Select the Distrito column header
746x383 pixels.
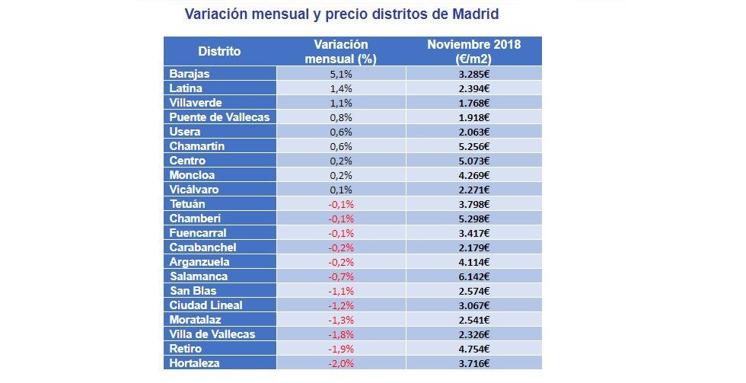point(219,52)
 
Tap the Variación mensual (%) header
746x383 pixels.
point(340,51)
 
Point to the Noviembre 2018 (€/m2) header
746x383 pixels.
point(473,51)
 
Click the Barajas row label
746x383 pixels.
point(190,74)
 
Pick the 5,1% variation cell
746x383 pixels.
point(340,74)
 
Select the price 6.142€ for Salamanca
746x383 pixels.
point(473,276)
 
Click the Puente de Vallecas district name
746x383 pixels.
point(219,117)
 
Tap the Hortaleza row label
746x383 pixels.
point(194,363)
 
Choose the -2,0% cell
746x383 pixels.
point(340,363)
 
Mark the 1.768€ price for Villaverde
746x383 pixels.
point(473,103)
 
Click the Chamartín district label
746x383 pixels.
point(197,146)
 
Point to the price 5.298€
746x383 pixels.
point(473,219)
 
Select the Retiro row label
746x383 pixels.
point(186,349)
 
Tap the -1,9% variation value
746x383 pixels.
point(340,349)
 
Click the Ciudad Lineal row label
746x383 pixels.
point(206,305)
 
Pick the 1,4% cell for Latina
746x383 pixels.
point(340,88)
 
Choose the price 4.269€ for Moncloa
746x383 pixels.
point(473,175)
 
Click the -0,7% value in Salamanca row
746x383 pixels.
point(340,276)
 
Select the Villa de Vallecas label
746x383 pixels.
point(212,334)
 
